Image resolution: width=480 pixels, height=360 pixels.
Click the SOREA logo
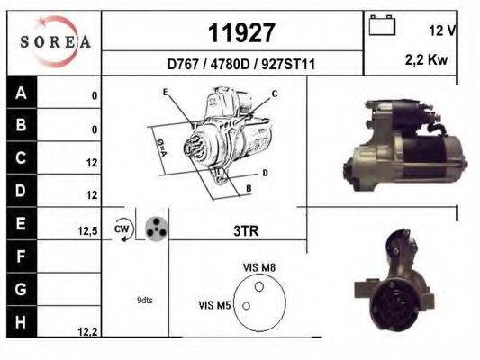tap(55, 41)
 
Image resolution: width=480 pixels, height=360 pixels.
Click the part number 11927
tap(241, 33)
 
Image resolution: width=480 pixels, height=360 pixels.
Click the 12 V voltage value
tap(442, 30)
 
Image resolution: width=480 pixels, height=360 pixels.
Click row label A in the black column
tap(22, 93)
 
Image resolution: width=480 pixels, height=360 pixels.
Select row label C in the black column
tap(22, 158)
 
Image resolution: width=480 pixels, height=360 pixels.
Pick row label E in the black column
tap(22, 223)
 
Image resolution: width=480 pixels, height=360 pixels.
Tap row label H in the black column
tap(22, 321)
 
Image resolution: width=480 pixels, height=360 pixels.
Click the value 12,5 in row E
tap(87, 231)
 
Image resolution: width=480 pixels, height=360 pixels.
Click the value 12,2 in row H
tap(87, 332)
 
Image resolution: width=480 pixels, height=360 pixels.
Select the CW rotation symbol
tap(122, 229)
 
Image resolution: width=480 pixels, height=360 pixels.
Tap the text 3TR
tap(246, 231)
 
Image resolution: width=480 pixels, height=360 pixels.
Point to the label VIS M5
tap(214, 306)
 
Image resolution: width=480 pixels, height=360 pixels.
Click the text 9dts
tap(144, 300)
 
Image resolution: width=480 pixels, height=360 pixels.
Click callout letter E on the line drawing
tap(166, 93)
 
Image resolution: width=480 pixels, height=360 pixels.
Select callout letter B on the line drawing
tap(248, 188)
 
